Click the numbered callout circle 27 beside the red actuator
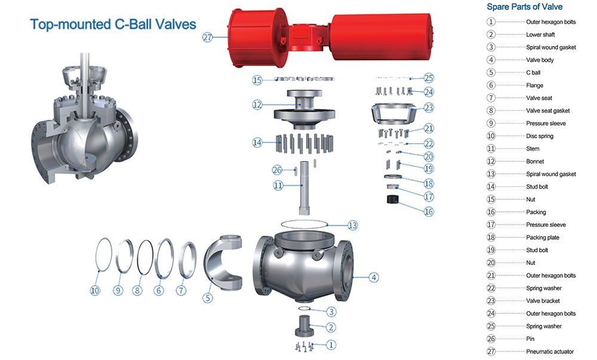click(x=208, y=37)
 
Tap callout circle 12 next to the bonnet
click(x=257, y=104)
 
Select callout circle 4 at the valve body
click(x=373, y=277)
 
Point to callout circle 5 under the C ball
click(x=208, y=297)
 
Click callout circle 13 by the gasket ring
click(x=353, y=225)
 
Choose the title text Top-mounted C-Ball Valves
click(x=113, y=24)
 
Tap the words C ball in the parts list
click(x=533, y=72)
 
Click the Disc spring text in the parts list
click(x=540, y=136)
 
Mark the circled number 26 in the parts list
click(x=491, y=339)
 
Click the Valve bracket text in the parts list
click(x=543, y=301)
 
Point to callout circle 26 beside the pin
click(x=277, y=170)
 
